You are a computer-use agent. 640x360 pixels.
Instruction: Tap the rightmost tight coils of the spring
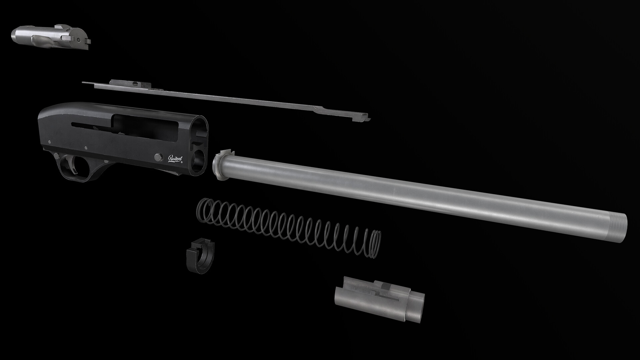point(375,244)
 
